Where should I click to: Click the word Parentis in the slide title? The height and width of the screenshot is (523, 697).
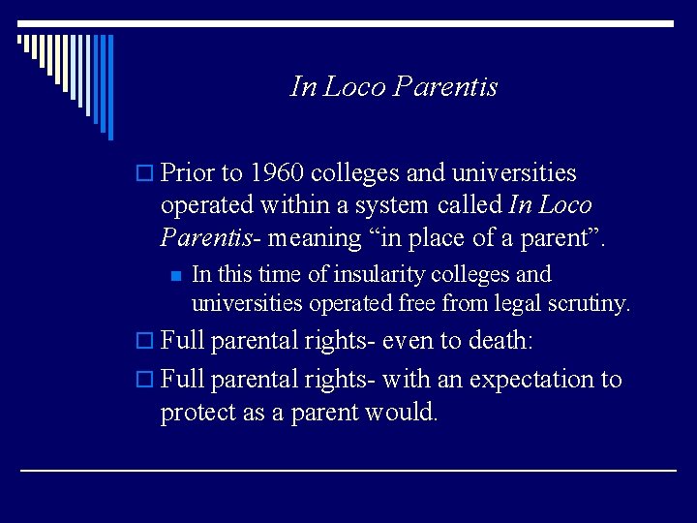445,86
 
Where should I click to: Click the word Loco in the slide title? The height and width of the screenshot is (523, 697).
354,86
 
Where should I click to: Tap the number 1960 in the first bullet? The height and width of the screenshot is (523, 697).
277,172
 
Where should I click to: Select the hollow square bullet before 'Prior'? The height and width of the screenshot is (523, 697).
144,172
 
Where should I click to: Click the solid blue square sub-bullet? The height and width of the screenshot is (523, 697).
176,276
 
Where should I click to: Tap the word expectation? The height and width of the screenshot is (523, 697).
531,380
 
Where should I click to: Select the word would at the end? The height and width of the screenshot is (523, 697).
401,411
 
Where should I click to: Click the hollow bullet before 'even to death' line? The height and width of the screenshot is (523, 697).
144,341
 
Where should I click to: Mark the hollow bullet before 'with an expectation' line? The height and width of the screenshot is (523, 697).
144,380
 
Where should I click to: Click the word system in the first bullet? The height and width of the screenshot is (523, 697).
392,206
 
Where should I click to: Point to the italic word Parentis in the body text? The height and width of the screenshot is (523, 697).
206,237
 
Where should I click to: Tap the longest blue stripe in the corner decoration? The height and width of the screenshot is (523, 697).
110,87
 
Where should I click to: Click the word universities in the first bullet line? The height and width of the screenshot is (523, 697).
514,172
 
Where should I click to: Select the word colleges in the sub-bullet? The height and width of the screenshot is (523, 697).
470,275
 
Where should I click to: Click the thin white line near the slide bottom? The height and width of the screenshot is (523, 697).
348,470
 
